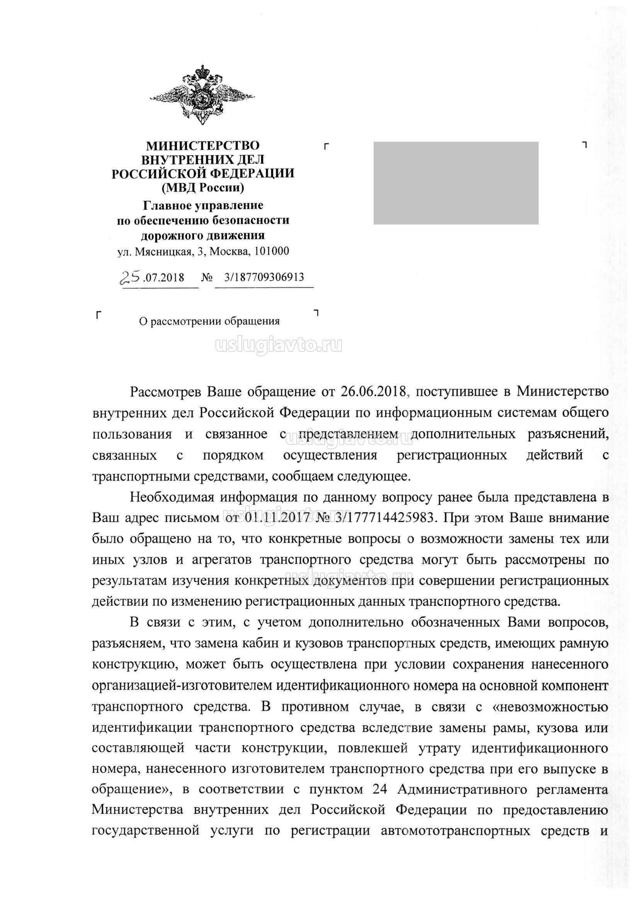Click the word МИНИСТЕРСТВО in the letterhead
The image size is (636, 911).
203,146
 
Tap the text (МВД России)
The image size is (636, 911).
203,187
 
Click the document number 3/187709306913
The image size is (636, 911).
264,277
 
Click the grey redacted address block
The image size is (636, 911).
456,183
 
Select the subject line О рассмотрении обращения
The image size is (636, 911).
209,321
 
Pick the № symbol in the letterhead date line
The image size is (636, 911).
207,277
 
